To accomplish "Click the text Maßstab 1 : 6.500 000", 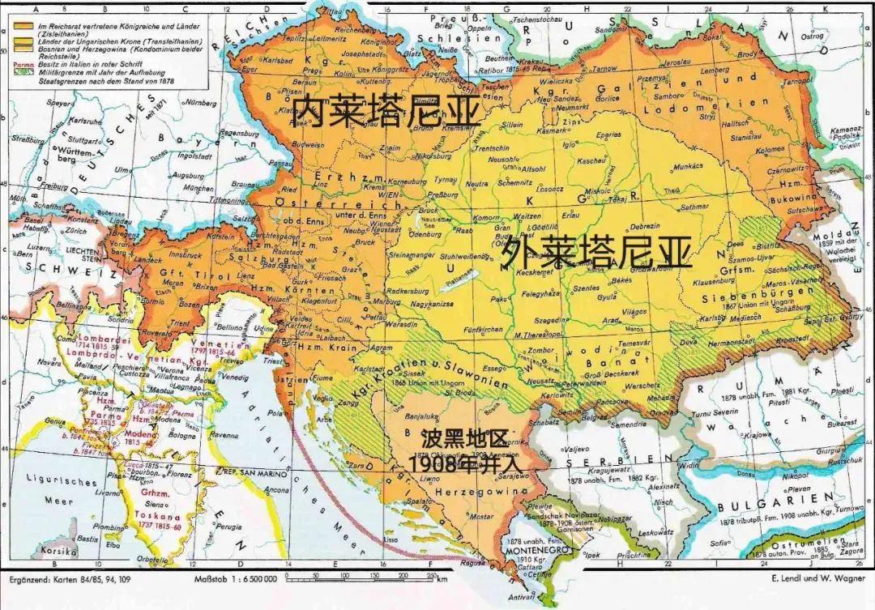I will coord(235,578).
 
